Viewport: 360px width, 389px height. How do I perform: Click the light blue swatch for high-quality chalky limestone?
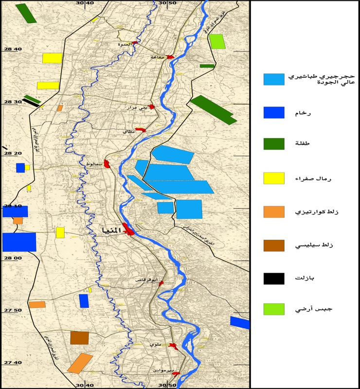[273, 79]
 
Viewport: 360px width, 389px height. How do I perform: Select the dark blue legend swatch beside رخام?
[273, 112]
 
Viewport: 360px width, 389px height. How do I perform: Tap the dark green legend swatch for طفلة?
[273, 144]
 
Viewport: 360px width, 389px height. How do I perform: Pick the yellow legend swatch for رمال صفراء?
[273, 178]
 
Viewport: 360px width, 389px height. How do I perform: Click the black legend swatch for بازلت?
[273, 279]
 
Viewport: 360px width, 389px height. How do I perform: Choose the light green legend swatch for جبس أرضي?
[273, 309]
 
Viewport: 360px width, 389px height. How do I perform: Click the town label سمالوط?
[93, 164]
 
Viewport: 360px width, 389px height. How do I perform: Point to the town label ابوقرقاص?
[148, 281]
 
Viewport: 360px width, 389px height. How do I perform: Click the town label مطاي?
[127, 132]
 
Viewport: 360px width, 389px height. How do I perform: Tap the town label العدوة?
[125, 44]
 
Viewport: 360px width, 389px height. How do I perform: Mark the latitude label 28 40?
[13, 49]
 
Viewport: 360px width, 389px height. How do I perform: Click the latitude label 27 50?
[13, 310]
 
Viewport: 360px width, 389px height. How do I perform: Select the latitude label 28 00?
[13, 258]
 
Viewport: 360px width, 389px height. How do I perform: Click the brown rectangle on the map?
[79, 337]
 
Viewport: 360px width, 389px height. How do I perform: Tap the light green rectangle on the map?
[217, 42]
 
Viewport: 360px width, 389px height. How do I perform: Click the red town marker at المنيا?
[129, 230]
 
